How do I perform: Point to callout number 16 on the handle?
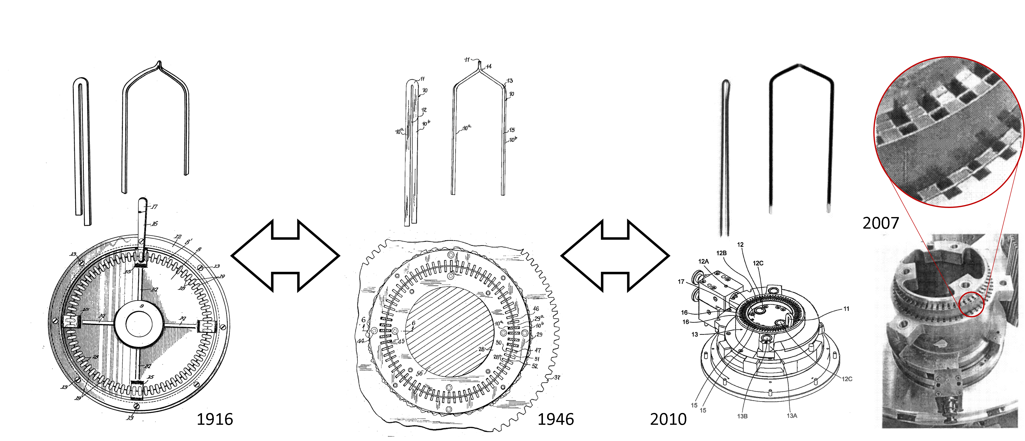pos(155,224)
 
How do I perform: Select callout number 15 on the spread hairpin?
pos(512,130)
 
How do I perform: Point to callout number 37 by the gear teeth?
pos(556,377)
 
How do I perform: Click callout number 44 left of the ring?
pos(361,341)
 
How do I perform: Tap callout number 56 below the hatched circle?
pos(419,373)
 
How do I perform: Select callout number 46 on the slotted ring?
pos(536,309)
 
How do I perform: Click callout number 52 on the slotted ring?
pos(535,366)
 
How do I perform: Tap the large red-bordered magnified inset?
pos(949,132)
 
